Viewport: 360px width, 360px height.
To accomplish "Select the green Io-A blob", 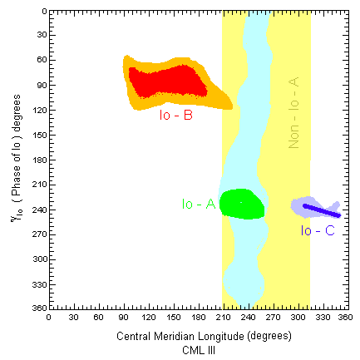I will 241,204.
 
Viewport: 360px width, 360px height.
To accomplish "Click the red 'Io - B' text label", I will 176,116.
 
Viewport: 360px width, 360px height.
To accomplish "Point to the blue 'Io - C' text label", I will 318,229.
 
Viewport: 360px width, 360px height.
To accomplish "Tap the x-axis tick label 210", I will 223,317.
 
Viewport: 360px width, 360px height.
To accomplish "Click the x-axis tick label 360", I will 347,317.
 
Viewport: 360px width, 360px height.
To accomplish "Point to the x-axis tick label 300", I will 297,317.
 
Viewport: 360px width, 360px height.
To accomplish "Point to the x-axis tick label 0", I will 48,317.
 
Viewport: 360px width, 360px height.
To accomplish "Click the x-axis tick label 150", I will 173,317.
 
